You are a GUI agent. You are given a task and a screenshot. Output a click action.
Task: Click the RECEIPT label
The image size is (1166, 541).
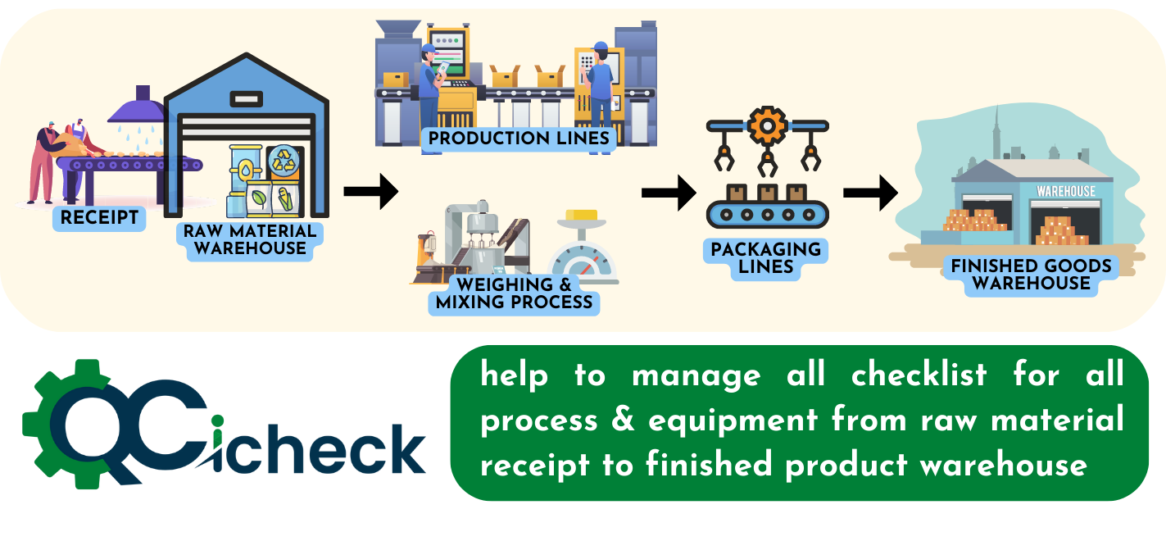coord(99,218)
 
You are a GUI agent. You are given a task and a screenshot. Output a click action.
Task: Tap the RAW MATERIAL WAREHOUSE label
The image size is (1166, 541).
coord(250,239)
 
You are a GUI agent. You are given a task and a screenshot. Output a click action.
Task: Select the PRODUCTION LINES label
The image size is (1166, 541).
coord(519,138)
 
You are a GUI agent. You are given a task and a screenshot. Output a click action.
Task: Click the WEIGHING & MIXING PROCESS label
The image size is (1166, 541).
coord(514,293)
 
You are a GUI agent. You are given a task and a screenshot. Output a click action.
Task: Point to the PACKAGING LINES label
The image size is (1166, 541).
coord(765,257)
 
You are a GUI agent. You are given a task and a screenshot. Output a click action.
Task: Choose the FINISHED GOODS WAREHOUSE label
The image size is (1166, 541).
coord(1031,275)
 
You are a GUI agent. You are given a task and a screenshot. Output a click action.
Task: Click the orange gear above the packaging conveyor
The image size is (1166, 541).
coord(767,126)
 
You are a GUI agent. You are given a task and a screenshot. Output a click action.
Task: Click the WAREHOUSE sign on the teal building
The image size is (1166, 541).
coord(1065,191)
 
